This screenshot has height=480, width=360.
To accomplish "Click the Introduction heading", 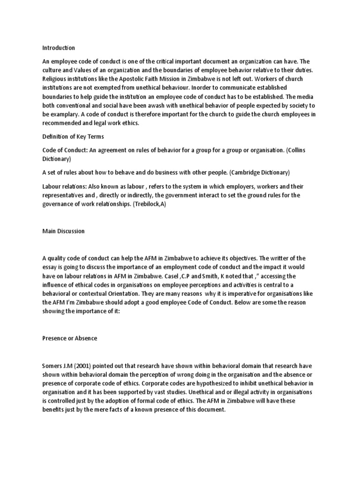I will pos(59,48).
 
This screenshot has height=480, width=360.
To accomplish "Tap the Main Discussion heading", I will pos(63,231).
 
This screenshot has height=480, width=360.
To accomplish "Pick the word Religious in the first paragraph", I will pos(56,79).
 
